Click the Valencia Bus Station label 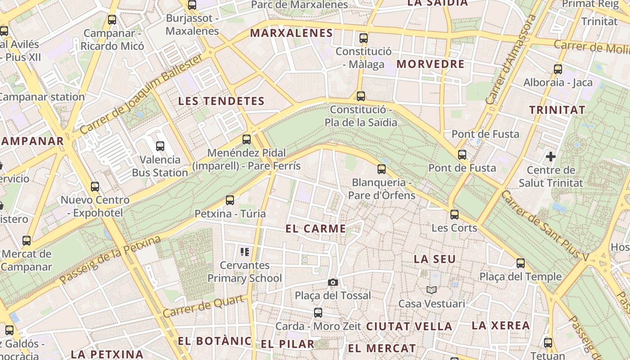point(160,166)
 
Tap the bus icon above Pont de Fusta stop point(462,155)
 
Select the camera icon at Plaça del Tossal point(333,282)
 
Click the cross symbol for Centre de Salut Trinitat point(550,157)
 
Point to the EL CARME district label point(315,229)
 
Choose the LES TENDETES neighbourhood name point(221,101)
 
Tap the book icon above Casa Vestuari point(432,290)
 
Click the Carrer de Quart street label point(205,306)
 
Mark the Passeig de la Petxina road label point(110,260)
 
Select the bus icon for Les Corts point(454,214)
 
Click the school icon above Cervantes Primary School point(245,252)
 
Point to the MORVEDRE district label point(430,64)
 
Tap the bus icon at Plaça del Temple point(521,263)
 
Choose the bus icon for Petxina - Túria point(230,200)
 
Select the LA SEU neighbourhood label point(435,259)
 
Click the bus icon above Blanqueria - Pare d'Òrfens point(382,169)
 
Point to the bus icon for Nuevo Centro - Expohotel point(94,186)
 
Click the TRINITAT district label point(557,110)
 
